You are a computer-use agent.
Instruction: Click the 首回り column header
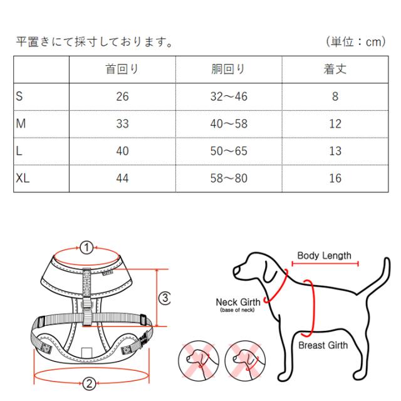pos(122,69)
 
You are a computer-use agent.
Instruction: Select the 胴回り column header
pos(228,69)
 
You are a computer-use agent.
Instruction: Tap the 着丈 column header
pos(335,69)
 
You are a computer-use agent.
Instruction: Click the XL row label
pos(23,178)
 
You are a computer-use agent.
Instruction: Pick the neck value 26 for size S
pos(122,96)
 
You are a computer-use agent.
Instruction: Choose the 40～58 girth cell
pos(229,124)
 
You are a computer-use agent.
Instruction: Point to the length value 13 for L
pos(335,151)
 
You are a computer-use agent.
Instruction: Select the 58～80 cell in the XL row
pos(229,178)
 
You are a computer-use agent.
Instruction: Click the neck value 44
pos(122,178)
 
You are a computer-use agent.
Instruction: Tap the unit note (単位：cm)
pos(356,41)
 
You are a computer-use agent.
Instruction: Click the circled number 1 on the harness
pos(86,247)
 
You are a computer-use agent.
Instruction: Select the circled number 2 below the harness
pos(89,383)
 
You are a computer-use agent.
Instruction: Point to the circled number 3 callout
pos(165,298)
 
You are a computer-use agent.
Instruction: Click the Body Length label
pos(325,256)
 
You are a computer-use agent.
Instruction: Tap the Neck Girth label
pos(238,302)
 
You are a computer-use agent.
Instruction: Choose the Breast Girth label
pos(323,345)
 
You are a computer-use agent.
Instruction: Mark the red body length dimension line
pos(325,264)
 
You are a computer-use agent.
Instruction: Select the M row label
pos(21,124)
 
